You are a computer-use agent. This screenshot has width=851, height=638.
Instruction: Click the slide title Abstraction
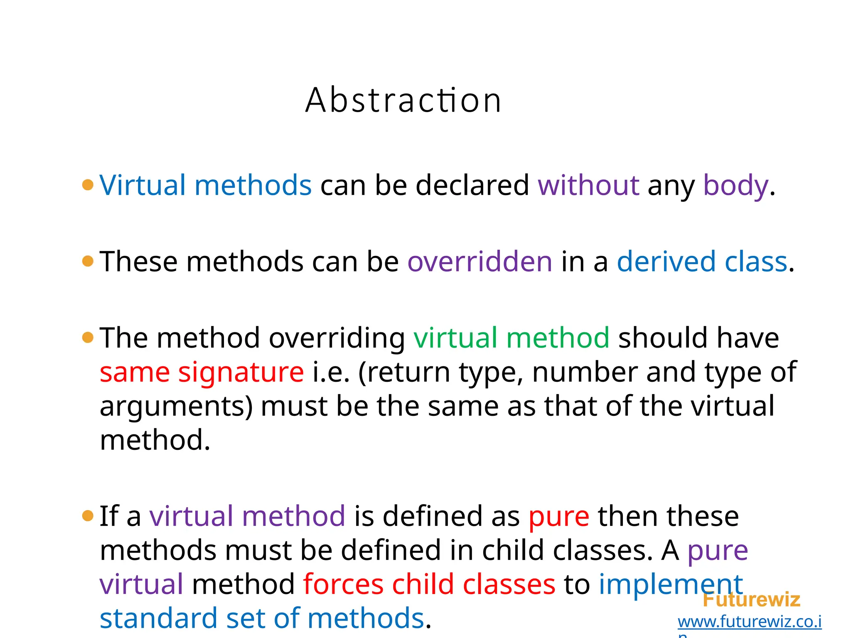pyautogui.click(x=403, y=100)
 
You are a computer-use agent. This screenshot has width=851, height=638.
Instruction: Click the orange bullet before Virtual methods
pyautogui.click(x=88, y=184)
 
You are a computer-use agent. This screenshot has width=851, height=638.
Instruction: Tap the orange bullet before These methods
pyautogui.click(x=88, y=261)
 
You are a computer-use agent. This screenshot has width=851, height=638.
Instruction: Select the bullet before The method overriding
pyautogui.click(x=88, y=337)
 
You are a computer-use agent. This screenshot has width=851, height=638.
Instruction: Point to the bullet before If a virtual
pyautogui.click(x=88, y=516)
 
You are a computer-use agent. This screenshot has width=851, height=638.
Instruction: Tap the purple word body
pyautogui.click(x=735, y=186)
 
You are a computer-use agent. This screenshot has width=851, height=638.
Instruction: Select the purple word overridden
pyautogui.click(x=480, y=262)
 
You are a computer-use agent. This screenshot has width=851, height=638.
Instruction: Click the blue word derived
pyautogui.click(x=666, y=262)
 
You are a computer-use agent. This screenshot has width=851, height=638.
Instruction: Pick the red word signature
pyautogui.click(x=241, y=372)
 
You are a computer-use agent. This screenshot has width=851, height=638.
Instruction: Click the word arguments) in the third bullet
pyautogui.click(x=176, y=407)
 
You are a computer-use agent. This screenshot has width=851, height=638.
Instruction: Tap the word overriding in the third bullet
pyautogui.click(x=337, y=339)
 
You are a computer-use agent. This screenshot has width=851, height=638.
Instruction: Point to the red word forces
pyautogui.click(x=343, y=584)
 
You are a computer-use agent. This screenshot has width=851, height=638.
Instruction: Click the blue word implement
pyautogui.click(x=670, y=584)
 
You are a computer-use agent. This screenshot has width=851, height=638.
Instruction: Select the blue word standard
pyautogui.click(x=158, y=618)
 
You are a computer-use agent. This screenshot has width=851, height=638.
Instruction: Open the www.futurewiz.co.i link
pyautogui.click(x=749, y=622)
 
